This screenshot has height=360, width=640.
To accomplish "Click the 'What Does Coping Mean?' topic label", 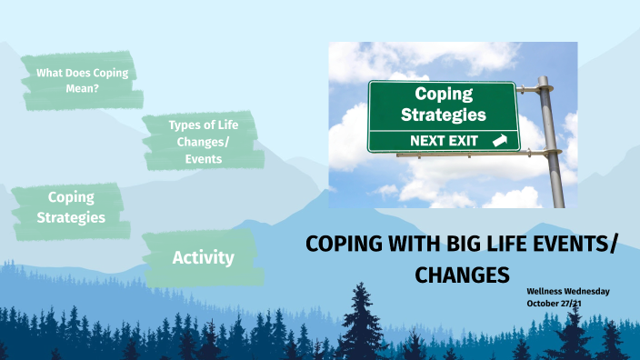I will pyautogui.click(x=81, y=80).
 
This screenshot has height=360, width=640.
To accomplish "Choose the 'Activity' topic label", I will pyautogui.click(x=203, y=257).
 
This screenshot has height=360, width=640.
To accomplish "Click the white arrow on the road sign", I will pyautogui.click(x=498, y=141).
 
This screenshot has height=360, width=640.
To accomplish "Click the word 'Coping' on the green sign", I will pyautogui.click(x=443, y=94).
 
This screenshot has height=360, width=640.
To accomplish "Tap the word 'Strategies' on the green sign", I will pyautogui.click(x=443, y=115).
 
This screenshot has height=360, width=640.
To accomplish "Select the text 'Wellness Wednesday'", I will pyautogui.click(x=568, y=291).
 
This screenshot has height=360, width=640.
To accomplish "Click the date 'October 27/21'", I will pyautogui.click(x=554, y=303).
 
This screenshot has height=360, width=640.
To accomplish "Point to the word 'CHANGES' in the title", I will pyautogui.click(x=462, y=274).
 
